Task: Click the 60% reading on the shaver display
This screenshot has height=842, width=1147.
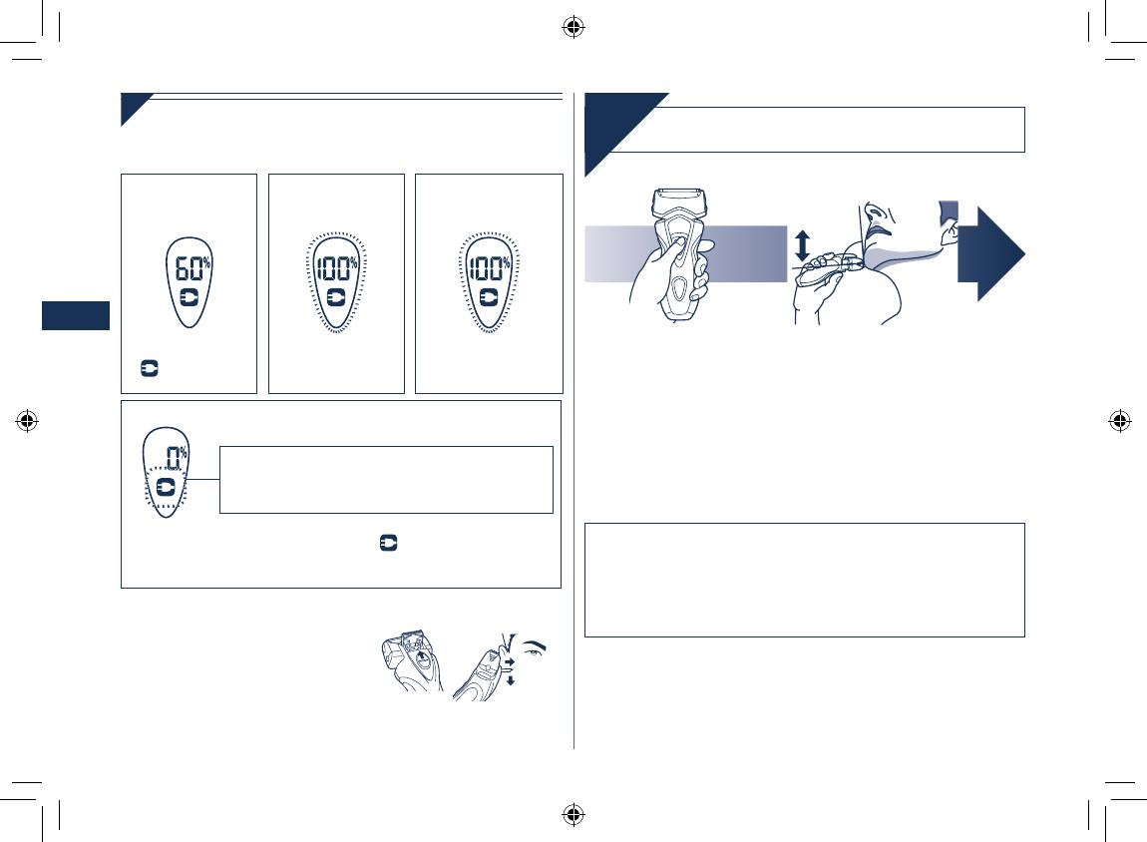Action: point(192,268)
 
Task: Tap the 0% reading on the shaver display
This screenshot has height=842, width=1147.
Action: point(177,457)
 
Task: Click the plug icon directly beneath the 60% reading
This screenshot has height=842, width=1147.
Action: point(190,298)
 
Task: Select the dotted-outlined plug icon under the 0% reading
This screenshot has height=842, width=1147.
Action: point(166,487)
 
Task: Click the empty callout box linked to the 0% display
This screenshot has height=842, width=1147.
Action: point(386,480)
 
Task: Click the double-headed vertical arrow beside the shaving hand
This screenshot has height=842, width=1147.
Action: point(803,246)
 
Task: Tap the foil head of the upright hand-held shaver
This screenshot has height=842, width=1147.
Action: point(679,201)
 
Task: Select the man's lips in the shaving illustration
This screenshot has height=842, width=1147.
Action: point(877,229)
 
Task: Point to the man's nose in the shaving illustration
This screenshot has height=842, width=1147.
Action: point(872,213)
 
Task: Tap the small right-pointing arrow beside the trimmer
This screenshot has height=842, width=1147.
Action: point(510,662)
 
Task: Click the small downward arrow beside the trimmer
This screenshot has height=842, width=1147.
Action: point(511,679)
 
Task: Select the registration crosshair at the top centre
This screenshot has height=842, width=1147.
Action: point(573,28)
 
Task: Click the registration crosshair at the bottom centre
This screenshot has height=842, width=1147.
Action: point(573,814)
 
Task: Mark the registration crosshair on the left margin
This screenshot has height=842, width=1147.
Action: point(27,421)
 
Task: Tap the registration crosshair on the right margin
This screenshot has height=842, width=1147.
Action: point(1120,421)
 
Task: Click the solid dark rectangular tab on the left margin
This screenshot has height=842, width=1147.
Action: point(76,315)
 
